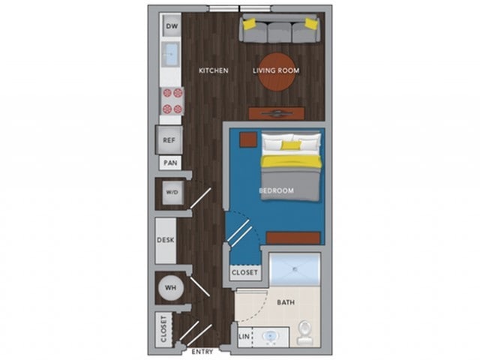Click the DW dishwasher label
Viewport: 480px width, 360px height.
(172, 26)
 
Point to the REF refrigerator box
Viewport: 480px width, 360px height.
(169, 140)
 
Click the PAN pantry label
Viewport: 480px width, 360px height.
(170, 163)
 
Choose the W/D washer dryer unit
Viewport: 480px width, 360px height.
(172, 193)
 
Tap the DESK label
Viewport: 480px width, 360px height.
(166, 240)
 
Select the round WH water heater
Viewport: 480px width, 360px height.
(171, 288)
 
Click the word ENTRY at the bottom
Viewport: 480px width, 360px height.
(202, 352)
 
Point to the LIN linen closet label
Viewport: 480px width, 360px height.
(244, 337)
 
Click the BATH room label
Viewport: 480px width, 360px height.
(286, 302)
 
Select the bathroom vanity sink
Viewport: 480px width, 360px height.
(270, 337)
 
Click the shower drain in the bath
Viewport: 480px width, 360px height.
(295, 269)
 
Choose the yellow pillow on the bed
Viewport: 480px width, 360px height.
(291, 145)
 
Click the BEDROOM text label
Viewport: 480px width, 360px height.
(277, 190)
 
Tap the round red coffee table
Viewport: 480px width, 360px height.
(277, 72)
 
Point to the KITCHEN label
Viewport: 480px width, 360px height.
(214, 70)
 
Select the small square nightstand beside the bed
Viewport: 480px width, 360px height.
(247, 139)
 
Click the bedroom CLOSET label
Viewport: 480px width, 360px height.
(244, 272)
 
